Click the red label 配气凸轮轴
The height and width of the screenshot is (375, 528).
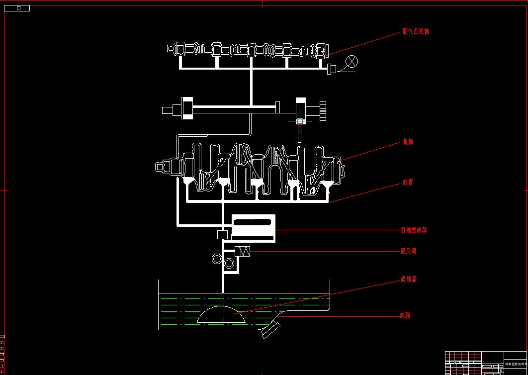click(x=416, y=31)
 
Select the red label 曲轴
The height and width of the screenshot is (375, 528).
click(x=408, y=142)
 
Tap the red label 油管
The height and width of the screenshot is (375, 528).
click(x=408, y=182)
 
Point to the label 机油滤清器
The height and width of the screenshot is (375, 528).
click(x=414, y=230)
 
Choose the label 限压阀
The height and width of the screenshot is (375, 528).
click(x=408, y=251)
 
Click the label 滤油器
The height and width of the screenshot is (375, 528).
click(x=409, y=279)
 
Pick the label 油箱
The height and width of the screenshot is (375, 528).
click(x=405, y=315)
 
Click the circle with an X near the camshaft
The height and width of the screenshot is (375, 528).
click(x=352, y=62)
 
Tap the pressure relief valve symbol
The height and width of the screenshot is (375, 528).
click(x=242, y=251)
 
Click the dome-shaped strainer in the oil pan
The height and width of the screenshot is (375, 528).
click(x=222, y=315)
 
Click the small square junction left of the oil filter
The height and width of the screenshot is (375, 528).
click(x=223, y=234)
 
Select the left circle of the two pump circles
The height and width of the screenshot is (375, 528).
click(x=217, y=259)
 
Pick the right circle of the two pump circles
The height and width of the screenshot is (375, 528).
click(x=229, y=263)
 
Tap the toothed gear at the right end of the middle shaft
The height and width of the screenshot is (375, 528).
click(x=323, y=110)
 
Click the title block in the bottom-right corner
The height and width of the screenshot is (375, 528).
click(x=485, y=363)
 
